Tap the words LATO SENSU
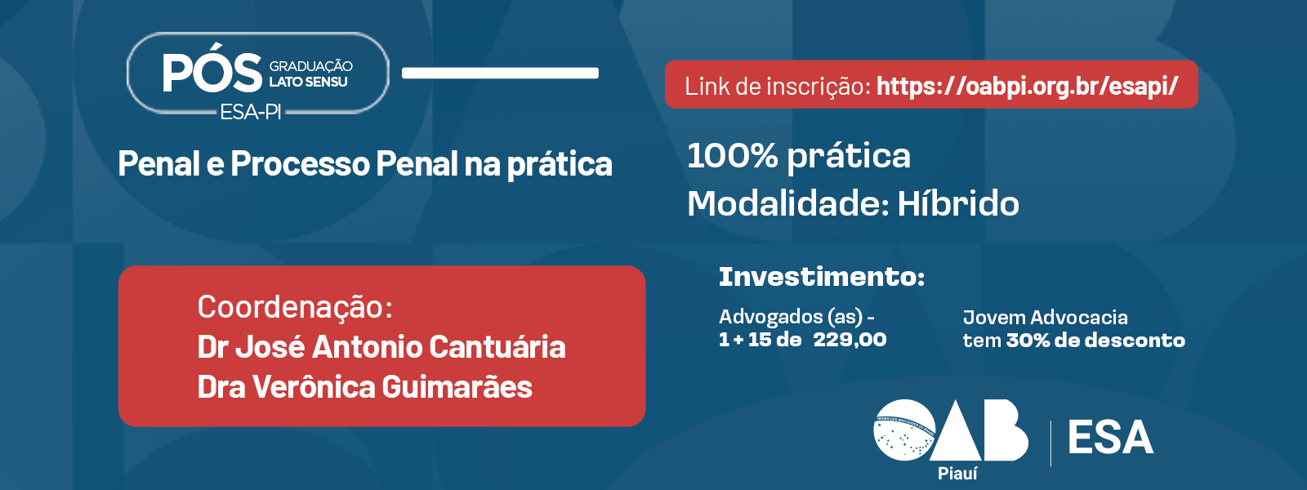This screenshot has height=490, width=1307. point(308,82)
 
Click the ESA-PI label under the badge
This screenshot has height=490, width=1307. point(250,111)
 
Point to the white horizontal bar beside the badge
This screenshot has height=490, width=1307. point(500,73)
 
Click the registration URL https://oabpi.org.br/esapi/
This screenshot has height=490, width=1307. point(1028,87)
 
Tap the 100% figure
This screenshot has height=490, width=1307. point(732,156)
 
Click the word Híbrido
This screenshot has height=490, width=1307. point(958,203)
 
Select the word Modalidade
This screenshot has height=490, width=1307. point(784,203)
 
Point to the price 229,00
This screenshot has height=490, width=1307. point(850,340)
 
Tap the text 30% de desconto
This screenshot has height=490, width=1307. point(1095,341)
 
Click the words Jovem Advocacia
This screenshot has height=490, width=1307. point(1045,318)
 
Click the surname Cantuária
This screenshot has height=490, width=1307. point(497,347)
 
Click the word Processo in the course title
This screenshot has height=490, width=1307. point(301,164)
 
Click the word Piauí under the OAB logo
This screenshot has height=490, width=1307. point(957,474)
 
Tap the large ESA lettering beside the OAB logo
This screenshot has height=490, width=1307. point(1110,438)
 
